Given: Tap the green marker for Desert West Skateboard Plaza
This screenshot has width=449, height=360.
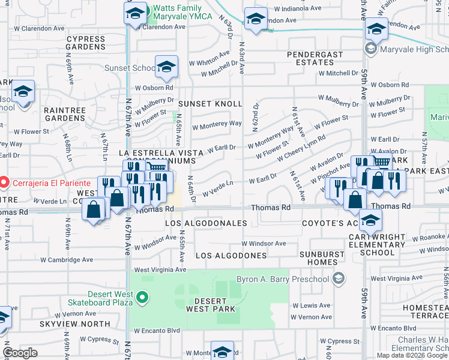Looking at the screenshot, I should pos(142,297).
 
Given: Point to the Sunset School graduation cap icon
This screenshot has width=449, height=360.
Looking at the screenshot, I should pos(166,67).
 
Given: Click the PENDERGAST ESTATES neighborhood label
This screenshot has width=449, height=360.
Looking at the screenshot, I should pos(315,58).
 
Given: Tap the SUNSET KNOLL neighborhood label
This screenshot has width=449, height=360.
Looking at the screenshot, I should pos(209,104).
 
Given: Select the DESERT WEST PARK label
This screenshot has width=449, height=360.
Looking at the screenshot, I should pos(210,304).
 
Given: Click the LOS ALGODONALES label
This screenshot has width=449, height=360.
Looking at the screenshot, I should pos(206,223).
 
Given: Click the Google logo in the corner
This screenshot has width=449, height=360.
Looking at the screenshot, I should pos(20,353).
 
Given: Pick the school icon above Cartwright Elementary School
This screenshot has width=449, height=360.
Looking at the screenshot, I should pos(371,220).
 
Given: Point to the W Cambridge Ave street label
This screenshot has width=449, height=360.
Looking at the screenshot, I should pos(67,260).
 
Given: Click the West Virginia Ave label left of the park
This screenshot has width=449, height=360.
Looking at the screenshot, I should pos(160,270).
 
